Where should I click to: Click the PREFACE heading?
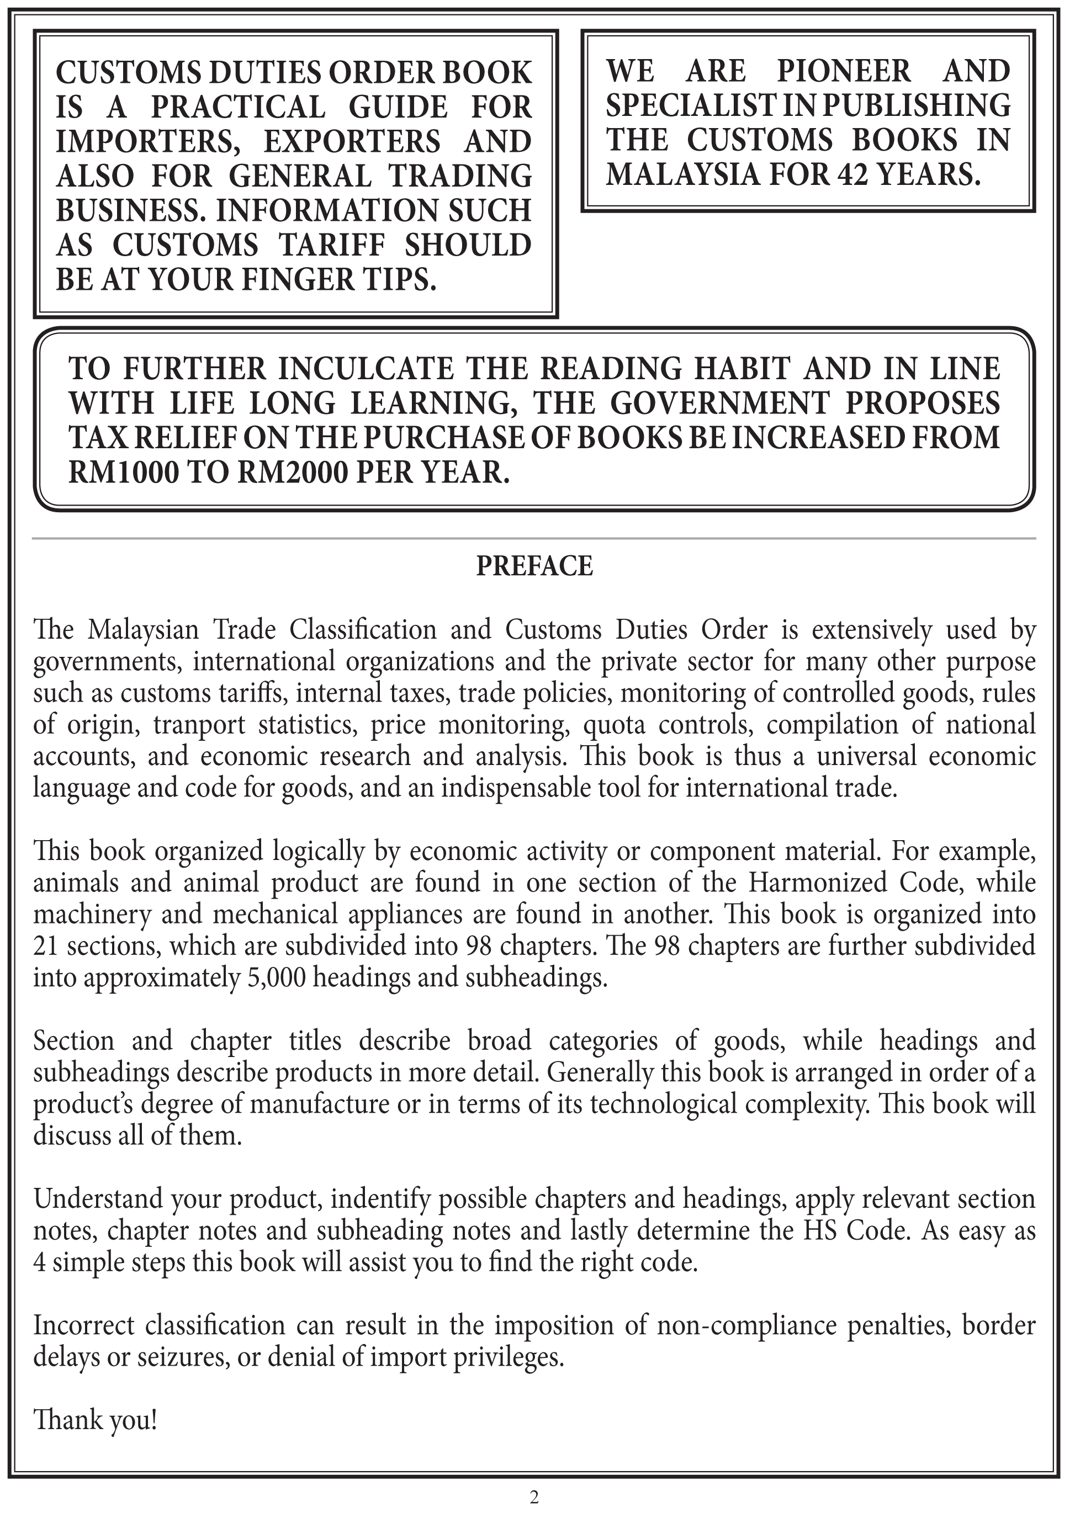point(534,566)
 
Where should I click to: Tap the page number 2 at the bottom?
point(534,1496)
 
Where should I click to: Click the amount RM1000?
point(123,473)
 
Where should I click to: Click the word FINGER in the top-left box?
point(288,279)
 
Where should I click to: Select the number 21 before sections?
point(46,946)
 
